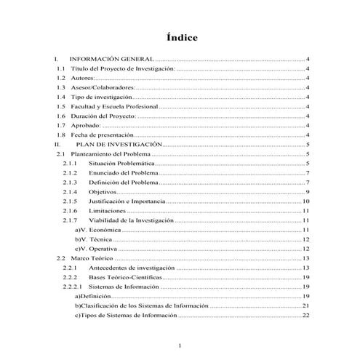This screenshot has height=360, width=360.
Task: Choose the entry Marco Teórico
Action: pos(92,258)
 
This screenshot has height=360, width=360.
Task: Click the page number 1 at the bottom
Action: pos(180,345)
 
